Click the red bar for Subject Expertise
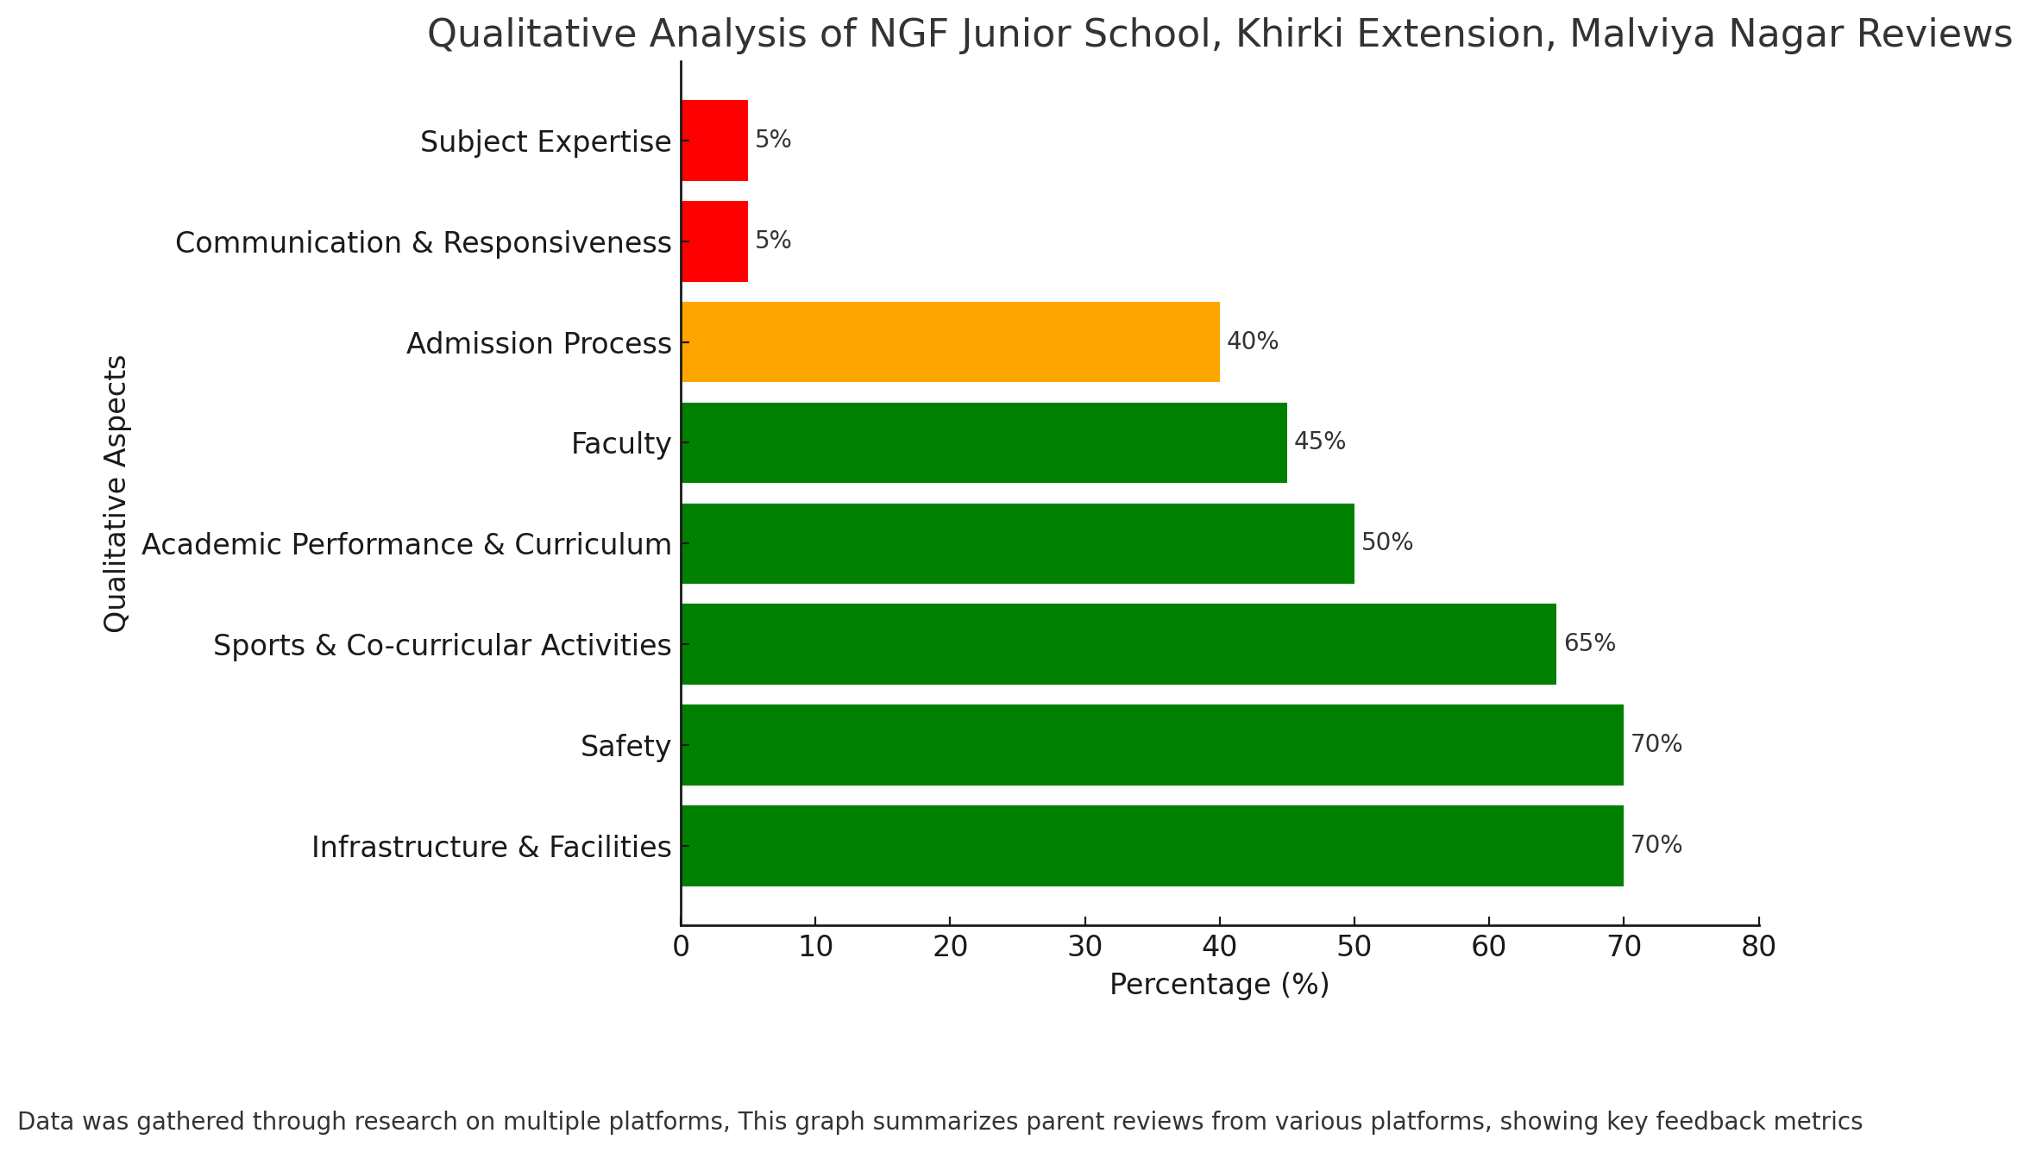(715, 141)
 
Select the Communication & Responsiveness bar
(715, 241)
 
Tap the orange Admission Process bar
(951, 342)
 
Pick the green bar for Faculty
(984, 442)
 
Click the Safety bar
(1153, 745)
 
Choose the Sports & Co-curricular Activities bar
(1119, 644)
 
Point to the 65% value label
(1589, 643)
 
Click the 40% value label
(1253, 341)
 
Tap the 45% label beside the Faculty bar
(1320, 441)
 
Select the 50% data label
(1387, 542)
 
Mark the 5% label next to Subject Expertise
(773, 140)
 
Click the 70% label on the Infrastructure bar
(1656, 845)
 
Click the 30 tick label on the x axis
(1084, 947)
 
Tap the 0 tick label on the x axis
(682, 947)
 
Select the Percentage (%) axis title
(1219, 985)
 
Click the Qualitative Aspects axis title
(116, 493)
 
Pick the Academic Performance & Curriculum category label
(406, 545)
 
